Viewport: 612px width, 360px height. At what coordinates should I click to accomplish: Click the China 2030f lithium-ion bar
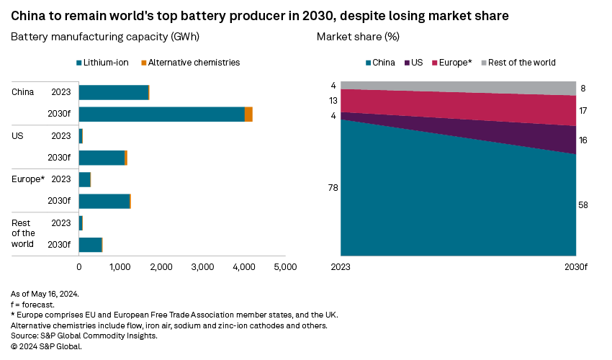(162, 114)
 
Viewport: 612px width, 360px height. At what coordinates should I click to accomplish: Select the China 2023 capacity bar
(114, 92)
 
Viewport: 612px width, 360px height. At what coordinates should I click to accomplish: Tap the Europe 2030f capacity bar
(104, 201)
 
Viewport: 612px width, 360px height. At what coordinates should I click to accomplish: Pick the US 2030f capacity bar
(102, 158)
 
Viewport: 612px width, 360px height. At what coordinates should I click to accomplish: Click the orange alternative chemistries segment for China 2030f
(248, 114)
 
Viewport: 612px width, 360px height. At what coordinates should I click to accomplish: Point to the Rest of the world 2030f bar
(91, 245)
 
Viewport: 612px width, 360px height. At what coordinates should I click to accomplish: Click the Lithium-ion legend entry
(102, 63)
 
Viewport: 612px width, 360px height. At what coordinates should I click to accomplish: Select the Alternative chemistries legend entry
(190, 63)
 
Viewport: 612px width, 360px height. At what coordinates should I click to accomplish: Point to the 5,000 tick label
(286, 267)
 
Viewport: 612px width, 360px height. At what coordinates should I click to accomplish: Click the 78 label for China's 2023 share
(333, 188)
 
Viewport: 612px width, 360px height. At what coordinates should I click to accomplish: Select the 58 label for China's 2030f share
(583, 205)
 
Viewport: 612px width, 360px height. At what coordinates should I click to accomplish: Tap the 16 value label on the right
(583, 140)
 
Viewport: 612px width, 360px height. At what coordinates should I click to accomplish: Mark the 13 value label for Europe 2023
(333, 101)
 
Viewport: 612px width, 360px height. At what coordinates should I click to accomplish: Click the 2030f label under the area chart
(576, 267)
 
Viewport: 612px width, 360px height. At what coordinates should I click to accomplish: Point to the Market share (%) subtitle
(358, 36)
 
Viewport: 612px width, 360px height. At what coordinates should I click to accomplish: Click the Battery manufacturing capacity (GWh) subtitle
(105, 36)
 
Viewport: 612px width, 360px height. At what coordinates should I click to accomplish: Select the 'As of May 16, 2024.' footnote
(45, 294)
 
